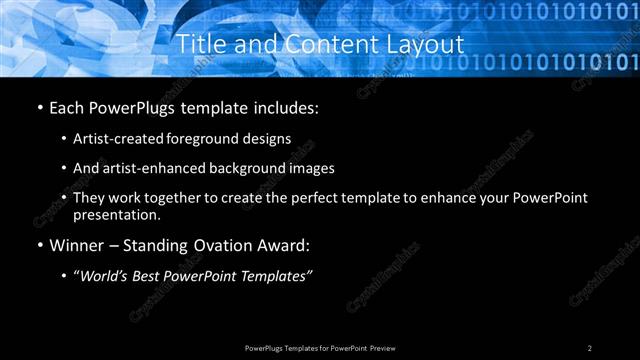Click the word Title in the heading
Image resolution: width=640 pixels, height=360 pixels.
coord(198,45)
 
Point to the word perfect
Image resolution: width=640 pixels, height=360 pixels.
coord(306,197)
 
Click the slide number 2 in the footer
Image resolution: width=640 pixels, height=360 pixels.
coord(590,348)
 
